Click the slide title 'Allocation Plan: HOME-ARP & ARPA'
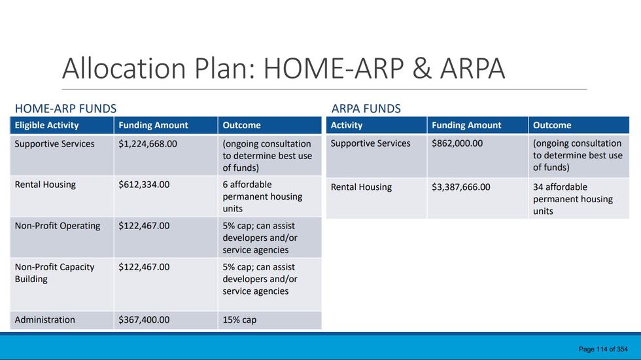283,69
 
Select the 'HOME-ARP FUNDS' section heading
65,109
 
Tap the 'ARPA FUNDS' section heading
366,109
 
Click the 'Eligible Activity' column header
46,125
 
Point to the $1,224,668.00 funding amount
148,144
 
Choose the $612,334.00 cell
144,185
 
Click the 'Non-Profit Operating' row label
58,226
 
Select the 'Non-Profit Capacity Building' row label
54,273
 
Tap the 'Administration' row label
45,320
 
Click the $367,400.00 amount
144,320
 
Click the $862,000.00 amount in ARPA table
457,143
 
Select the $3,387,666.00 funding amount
461,187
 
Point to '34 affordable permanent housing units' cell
572,199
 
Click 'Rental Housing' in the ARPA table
361,187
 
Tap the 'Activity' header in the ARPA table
347,125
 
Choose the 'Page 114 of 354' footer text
603,350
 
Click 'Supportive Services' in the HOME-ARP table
54,144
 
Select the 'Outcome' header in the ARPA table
552,125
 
